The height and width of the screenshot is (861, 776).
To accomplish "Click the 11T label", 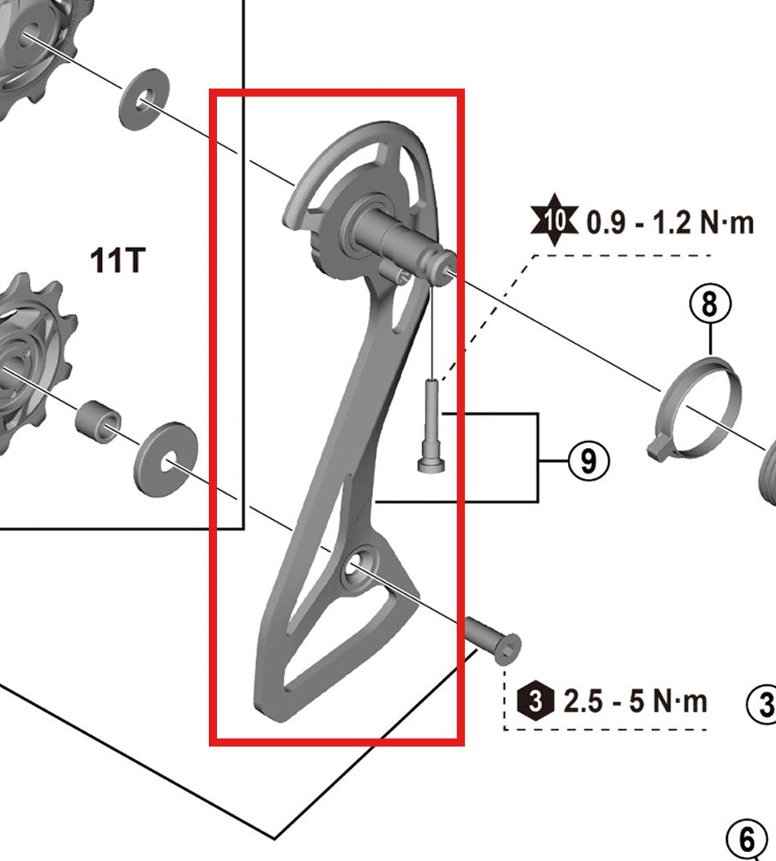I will coord(119,261).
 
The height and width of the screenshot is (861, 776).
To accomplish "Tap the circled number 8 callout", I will coord(709,305).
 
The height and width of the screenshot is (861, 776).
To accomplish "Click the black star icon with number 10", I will coord(554,220).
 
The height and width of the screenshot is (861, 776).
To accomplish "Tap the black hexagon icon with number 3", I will coord(535,700).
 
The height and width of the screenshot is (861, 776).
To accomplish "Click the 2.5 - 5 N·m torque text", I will coord(636,700).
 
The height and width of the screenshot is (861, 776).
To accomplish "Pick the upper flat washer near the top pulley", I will coord(144,103).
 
